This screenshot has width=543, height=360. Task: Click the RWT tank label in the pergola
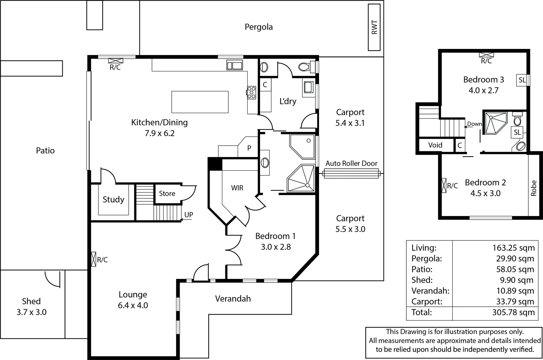[374, 27]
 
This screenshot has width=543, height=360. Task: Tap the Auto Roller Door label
[351, 163]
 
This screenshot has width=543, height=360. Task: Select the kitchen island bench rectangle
[200, 102]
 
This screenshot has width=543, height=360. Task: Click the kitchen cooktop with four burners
[251, 93]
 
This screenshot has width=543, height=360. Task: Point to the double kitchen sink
[234, 65]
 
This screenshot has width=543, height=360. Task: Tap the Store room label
[167, 193]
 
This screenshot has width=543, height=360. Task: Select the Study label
[113, 200]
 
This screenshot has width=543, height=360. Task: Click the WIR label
[237, 188]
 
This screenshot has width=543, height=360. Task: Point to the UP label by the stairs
[189, 215]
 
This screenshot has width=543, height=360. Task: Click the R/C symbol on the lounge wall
[93, 259]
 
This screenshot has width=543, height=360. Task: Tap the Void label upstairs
[435, 145]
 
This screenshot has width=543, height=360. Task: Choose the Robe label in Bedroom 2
[534, 188]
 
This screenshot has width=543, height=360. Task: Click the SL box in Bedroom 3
[522, 80]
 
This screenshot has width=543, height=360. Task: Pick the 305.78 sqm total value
[513, 312]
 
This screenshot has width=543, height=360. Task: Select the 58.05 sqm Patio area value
[515, 269]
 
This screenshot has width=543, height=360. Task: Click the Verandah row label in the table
[431, 291]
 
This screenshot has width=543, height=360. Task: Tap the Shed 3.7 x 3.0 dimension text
[32, 312]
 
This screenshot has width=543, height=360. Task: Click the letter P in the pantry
[249, 148]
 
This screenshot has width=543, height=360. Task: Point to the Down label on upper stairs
[474, 124]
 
